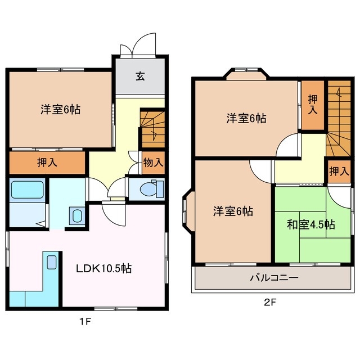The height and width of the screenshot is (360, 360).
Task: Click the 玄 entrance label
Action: tap(139, 76)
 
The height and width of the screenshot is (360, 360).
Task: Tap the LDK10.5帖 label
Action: tap(104, 268)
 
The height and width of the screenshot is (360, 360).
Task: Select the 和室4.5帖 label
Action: tap(310, 225)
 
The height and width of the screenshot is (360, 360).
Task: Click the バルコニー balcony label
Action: tap(274, 278)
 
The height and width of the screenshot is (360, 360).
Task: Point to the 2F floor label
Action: tap(271, 302)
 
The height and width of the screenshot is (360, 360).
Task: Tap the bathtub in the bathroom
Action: tap(27, 190)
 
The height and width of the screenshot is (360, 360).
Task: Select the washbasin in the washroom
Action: tap(76, 215)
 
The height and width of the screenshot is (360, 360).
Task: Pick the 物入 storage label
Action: tap(153, 163)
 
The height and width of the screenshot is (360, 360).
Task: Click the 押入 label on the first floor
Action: tap(46, 163)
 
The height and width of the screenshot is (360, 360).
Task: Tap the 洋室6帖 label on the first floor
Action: tap(60, 109)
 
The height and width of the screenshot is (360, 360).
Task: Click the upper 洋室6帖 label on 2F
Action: tap(246, 118)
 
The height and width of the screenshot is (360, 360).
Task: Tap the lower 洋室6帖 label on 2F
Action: tap(232, 211)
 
